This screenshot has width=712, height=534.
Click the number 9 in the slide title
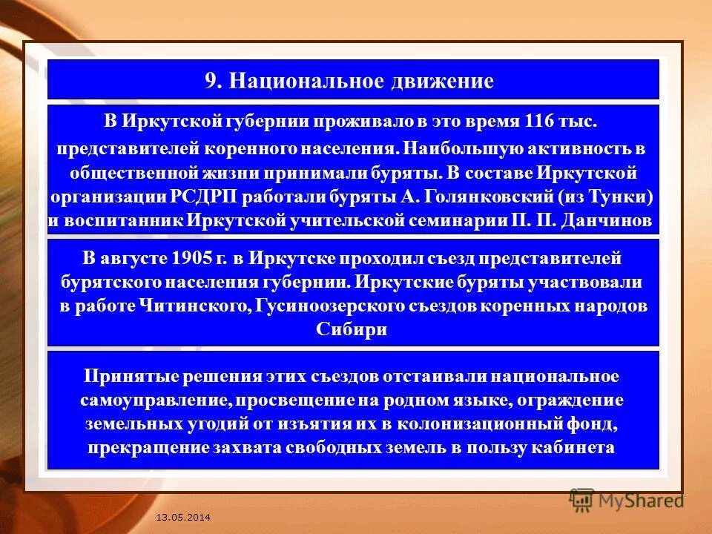click(x=210, y=81)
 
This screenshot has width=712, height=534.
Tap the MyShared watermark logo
click(x=626, y=500)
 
